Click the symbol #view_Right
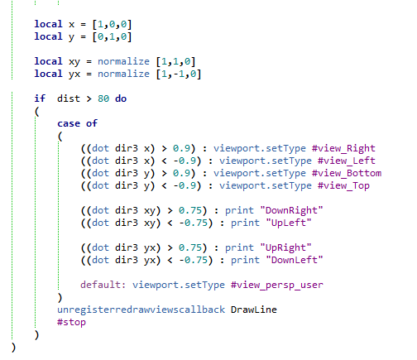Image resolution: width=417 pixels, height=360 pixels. click(343, 148)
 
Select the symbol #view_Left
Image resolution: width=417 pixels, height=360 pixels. click(347, 161)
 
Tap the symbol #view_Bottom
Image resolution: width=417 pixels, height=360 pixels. click(347, 173)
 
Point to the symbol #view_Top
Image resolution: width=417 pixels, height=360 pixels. click(343, 185)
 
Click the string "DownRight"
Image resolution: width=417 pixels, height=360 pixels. click(291, 210)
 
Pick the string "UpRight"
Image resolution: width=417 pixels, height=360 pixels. click(285, 247)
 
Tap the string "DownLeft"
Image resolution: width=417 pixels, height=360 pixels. click(295, 260)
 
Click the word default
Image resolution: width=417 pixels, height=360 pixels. click(100, 285)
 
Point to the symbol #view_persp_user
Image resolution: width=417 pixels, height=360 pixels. click(277, 285)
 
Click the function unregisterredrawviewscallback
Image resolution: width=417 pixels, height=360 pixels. click(141, 310)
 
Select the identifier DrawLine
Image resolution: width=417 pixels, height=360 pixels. click(254, 310)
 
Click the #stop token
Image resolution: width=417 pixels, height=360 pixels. click(71, 322)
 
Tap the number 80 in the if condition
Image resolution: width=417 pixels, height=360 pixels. click(103, 98)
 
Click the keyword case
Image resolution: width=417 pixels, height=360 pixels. click(69, 123)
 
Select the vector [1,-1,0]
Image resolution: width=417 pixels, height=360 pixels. click(179, 74)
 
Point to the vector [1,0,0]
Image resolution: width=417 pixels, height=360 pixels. click(112, 24)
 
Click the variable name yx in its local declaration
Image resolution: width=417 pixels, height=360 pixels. click(74, 74)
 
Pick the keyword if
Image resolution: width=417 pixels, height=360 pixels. click(40, 98)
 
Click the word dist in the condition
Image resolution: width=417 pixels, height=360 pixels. click(69, 98)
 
